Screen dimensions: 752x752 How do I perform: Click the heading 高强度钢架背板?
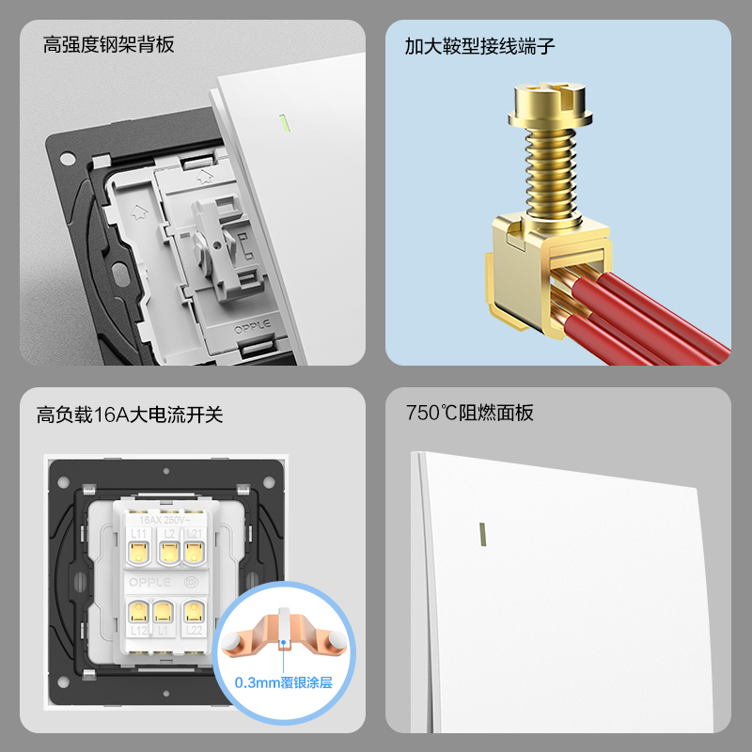(109, 45)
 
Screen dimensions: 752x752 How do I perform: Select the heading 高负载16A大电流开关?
(130, 414)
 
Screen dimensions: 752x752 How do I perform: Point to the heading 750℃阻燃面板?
(470, 413)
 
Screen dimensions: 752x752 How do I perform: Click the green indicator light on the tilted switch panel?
(282, 122)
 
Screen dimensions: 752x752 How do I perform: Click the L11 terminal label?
(139, 535)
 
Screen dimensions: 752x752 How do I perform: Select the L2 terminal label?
(169, 535)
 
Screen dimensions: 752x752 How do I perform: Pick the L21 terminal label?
(196, 535)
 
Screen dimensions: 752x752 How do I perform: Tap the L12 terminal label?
(139, 629)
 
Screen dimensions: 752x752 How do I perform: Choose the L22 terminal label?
(196, 629)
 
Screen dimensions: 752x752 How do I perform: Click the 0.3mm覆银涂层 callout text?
(283, 683)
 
